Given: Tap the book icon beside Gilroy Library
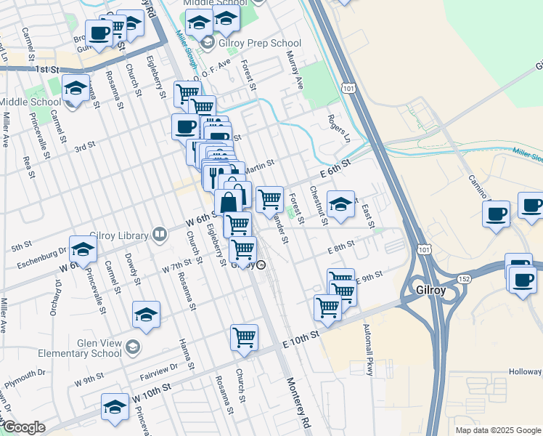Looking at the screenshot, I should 159,235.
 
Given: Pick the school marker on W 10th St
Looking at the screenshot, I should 115,407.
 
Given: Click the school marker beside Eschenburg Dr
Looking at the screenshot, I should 83,249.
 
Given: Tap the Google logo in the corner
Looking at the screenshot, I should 23,427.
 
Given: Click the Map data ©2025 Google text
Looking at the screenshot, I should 497,430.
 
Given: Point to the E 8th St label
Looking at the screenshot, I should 340,247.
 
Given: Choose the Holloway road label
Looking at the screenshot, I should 525,372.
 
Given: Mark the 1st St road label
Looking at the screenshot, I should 45,69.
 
